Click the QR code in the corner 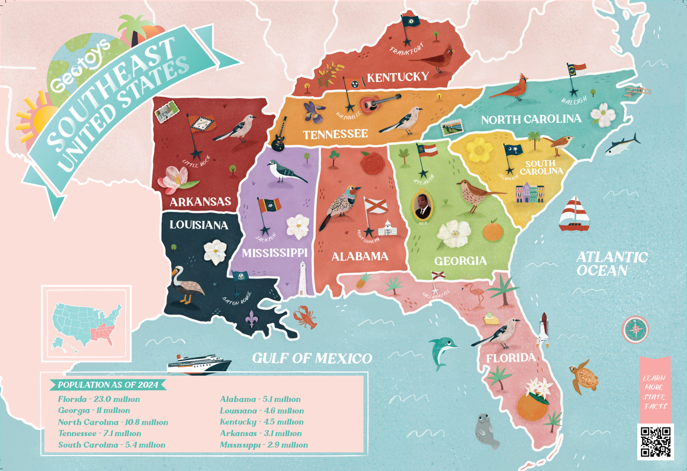pos(655,441)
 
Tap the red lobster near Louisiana pos(305,317)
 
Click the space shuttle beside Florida pos(543,330)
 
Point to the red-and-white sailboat pos(574,214)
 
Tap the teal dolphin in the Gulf pos(442,351)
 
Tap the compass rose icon pos(635,329)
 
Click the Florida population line pos(99,399)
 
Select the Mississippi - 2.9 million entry pos(264,445)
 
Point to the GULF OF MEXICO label pos(312,358)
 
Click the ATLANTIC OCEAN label pos(612,264)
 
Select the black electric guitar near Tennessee pos(278,136)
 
